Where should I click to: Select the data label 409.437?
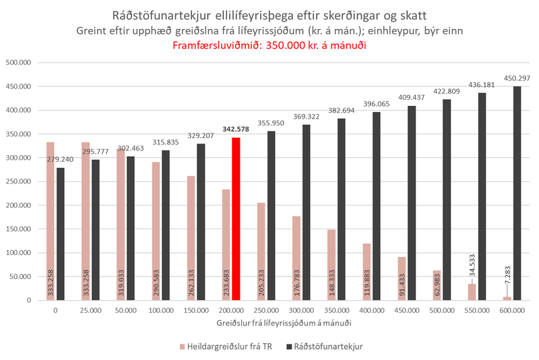tap(412, 97)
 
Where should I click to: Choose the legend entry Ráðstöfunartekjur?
tap(330, 346)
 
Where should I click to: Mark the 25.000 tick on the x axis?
tap(90, 311)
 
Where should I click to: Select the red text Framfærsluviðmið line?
tap(269, 47)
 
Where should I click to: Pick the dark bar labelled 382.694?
tap(342, 209)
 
